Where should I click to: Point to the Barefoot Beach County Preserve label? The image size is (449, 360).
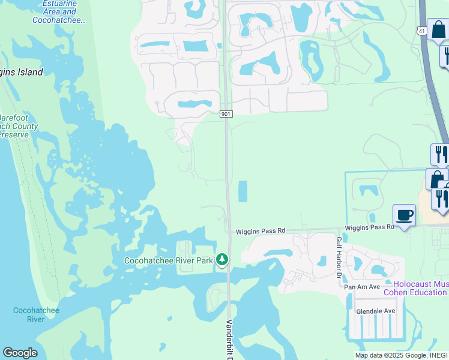(18, 126)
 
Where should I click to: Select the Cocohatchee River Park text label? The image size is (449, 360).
(168, 260)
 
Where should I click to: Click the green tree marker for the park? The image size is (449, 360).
(223, 259)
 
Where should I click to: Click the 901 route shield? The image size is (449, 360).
(226, 114)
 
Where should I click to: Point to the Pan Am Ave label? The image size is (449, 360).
(362, 287)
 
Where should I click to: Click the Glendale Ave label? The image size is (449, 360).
(375, 311)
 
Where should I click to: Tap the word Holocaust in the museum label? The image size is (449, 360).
(414, 283)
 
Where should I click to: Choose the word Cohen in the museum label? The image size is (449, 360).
(407, 292)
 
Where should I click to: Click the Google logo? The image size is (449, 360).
(20, 353)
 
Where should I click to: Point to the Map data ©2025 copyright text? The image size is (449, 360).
(390, 355)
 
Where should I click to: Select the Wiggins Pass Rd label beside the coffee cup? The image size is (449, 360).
(369, 227)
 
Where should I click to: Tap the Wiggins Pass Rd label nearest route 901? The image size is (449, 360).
(261, 230)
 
